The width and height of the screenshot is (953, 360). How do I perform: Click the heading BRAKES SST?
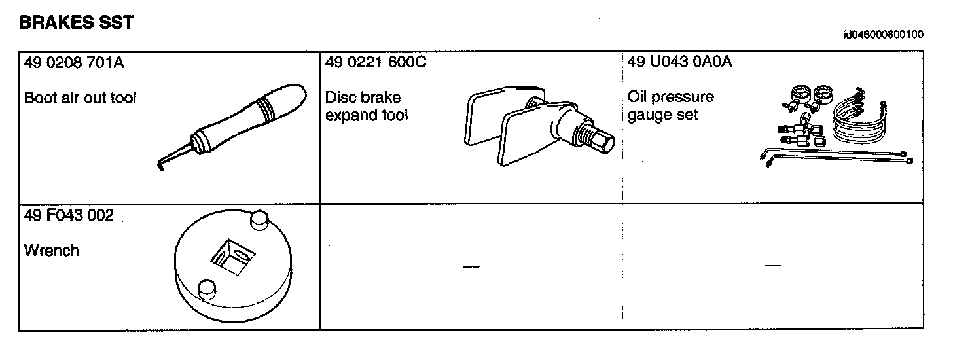(77, 23)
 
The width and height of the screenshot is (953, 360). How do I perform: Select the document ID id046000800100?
(884, 35)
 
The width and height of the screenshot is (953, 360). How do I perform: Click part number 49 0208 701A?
(73, 63)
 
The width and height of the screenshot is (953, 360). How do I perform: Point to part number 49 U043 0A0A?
(679, 63)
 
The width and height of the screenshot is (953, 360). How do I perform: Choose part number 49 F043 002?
(69, 215)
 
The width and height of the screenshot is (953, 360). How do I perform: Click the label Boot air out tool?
(81, 98)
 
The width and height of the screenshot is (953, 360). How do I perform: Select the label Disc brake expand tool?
(367, 107)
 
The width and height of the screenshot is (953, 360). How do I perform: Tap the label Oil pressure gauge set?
(670, 106)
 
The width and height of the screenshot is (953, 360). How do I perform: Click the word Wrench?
(51, 251)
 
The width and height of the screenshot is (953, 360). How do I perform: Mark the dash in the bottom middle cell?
(471, 266)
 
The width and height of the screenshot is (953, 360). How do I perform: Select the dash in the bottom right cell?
(772, 266)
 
